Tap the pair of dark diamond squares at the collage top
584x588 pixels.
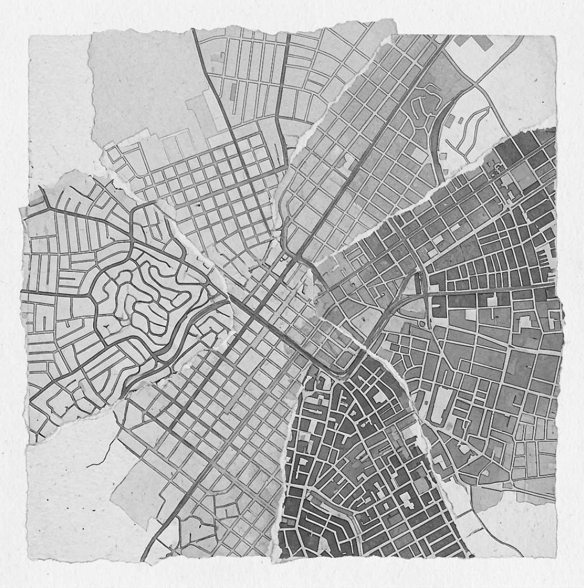(474, 42)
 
